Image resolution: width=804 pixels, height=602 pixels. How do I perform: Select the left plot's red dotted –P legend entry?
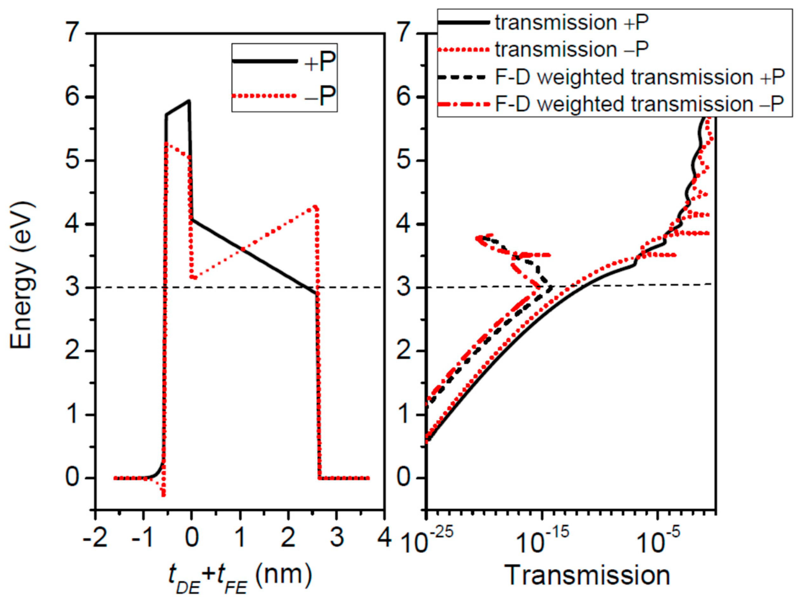click(319, 96)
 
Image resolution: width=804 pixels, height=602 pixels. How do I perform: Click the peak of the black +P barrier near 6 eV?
click(189, 101)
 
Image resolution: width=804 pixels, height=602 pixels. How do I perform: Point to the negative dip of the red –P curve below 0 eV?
click(164, 495)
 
